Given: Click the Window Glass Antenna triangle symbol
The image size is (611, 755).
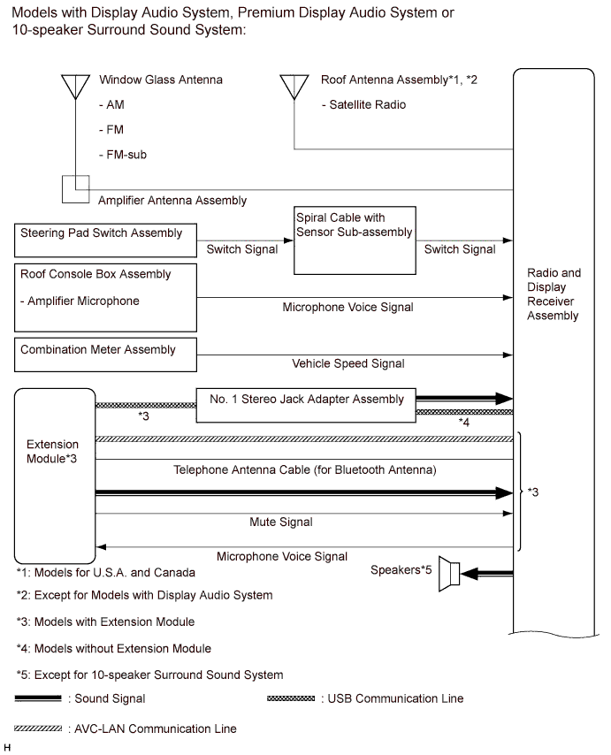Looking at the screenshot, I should coord(75,85).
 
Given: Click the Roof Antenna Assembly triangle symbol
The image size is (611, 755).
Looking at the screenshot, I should coord(294,85).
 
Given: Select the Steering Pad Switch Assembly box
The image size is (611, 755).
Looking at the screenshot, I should coord(104,240).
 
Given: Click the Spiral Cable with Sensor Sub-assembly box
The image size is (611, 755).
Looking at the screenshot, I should coord(353,240).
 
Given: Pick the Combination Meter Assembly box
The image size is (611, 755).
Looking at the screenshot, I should coord(104,351).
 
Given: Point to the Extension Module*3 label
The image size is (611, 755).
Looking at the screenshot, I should coord(52,452).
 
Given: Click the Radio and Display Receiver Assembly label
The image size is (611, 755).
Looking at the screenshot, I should coord(554,294).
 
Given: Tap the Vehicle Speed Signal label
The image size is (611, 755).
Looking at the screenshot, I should coord(348,363).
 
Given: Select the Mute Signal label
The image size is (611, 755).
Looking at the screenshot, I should coord(280,522).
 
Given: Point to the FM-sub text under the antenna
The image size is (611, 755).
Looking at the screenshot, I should coord(123,154).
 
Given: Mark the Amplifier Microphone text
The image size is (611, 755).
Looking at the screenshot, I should coord(80,301).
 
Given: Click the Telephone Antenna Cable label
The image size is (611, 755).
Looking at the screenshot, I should coord(305,469).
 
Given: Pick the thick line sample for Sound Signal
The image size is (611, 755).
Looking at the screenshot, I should coord(38,698).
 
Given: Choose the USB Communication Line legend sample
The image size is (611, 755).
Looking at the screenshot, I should coord(290,698).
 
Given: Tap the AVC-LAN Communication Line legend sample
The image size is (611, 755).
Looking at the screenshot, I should coord(38,729).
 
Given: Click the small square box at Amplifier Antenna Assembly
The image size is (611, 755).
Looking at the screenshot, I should coord(75,188).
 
